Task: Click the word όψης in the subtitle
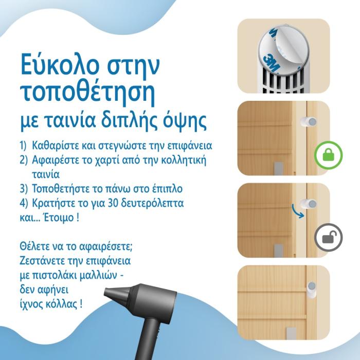pyautogui.click(x=185, y=121)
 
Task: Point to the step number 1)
pyautogui.click(x=23, y=146)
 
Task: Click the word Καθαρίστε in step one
pyautogui.click(x=52, y=146)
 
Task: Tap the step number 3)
pyautogui.click(x=24, y=189)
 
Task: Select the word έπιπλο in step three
pyautogui.click(x=167, y=189)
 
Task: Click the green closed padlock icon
pyautogui.click(x=328, y=155)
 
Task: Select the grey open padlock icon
pyautogui.click(x=328, y=238)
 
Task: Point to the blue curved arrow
pyautogui.click(x=298, y=210)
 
